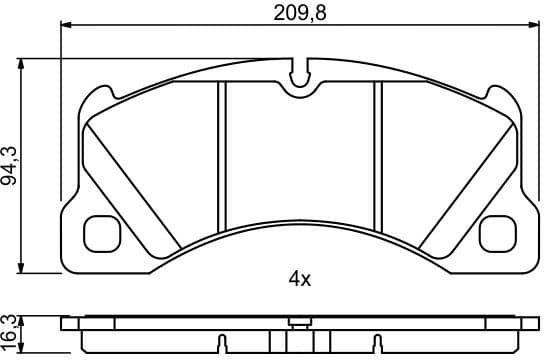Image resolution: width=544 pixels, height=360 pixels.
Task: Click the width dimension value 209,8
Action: click(x=301, y=13)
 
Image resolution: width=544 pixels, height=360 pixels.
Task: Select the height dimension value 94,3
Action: click(x=11, y=165)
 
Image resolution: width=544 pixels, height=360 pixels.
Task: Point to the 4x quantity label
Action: click(x=300, y=280)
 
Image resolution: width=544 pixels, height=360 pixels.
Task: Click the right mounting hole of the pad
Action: click(x=497, y=233)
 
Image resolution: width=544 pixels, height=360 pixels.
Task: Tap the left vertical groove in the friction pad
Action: click(x=223, y=150)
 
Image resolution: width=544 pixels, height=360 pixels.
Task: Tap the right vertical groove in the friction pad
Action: click(x=378, y=150)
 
